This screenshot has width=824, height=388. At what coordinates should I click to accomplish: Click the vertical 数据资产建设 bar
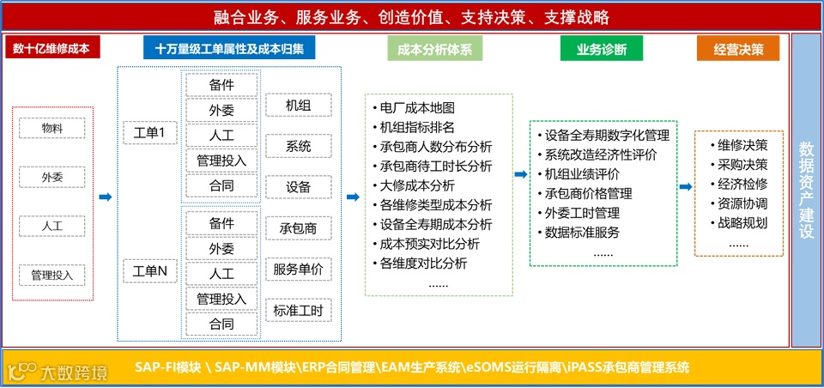[806, 188]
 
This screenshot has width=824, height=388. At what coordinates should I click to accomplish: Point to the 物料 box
[52, 129]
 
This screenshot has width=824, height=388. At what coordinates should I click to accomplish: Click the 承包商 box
[299, 229]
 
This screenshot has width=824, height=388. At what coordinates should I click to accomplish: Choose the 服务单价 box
[299, 270]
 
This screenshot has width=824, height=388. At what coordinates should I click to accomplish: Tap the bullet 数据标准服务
[577, 233]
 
